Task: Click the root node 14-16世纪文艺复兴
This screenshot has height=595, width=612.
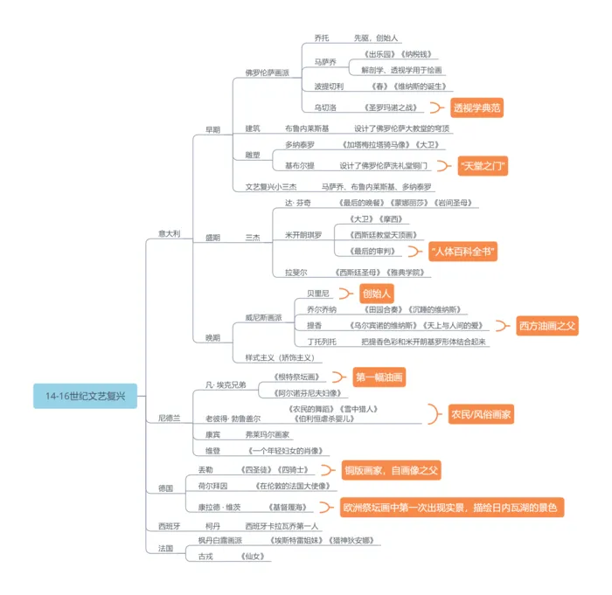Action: pyautogui.click(x=85, y=396)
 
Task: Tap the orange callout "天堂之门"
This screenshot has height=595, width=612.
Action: pyautogui.click(x=483, y=165)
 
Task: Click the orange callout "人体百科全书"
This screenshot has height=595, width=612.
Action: pyautogui.click(x=463, y=252)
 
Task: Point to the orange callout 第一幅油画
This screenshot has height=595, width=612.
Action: pyautogui.click(x=379, y=378)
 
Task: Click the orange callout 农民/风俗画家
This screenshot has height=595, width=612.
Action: pyautogui.click(x=480, y=413)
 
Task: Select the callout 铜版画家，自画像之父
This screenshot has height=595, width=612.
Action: pyautogui.click(x=391, y=470)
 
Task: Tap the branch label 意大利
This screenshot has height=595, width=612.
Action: pyautogui.click(x=169, y=233)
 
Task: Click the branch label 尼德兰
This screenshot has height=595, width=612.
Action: pyautogui.click(x=169, y=419)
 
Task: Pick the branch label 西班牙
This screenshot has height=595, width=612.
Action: pyautogui.click(x=169, y=526)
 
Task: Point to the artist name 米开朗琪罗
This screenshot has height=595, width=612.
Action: pyautogui.click(x=303, y=234)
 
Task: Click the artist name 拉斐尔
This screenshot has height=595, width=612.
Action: pyautogui.click(x=296, y=273)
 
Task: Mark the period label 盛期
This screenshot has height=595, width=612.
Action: pyautogui.click(x=212, y=237)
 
